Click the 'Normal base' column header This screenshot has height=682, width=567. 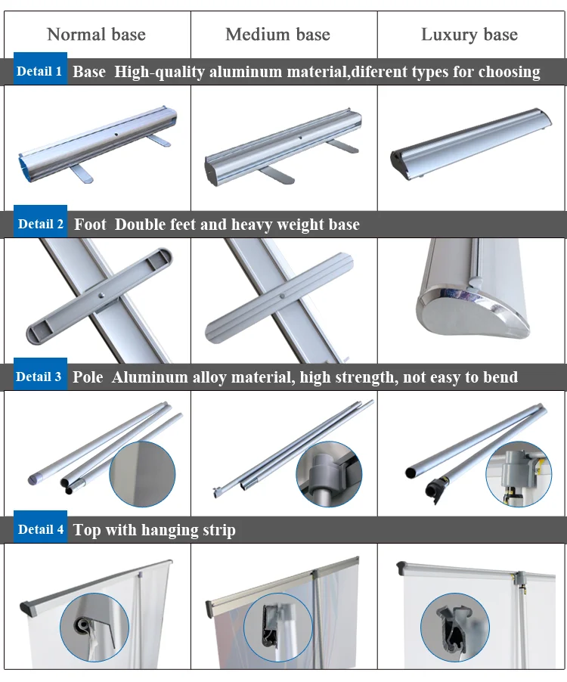[96, 34]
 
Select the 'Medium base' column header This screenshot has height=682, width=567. [278, 34]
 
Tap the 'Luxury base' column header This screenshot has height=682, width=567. [469, 34]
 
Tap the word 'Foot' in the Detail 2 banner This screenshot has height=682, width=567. [90, 225]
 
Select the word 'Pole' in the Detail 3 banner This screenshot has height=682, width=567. [88, 377]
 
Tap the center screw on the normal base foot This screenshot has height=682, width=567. [102, 296]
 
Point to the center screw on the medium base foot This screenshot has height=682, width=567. [283, 296]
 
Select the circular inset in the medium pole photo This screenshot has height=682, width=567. [329, 473]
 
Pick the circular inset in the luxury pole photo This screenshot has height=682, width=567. [519, 473]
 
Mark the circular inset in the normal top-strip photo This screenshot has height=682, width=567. [94, 628]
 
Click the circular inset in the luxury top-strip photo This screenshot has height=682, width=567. [455, 628]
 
